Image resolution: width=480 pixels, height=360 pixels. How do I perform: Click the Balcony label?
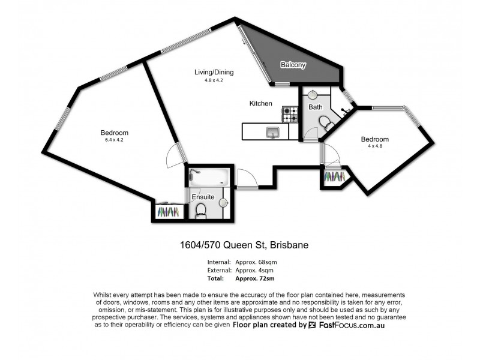coord(293,65)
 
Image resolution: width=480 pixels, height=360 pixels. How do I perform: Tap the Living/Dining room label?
coord(214,73)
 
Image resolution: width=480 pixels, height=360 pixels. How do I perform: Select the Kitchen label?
coord(261,104)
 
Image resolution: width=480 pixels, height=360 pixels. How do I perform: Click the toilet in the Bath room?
coord(325,124)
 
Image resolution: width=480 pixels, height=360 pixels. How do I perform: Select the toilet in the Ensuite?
coord(201,209)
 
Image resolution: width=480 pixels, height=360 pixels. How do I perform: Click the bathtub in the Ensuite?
coord(208,177)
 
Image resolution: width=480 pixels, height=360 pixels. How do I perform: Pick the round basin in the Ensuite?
coord(224,203)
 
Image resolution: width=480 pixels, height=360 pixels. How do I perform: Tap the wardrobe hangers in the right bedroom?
coord(334,178)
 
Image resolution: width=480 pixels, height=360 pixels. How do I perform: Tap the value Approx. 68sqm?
coord(256,262)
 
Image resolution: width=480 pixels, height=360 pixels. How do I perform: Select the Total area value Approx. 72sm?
coord(256,278)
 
